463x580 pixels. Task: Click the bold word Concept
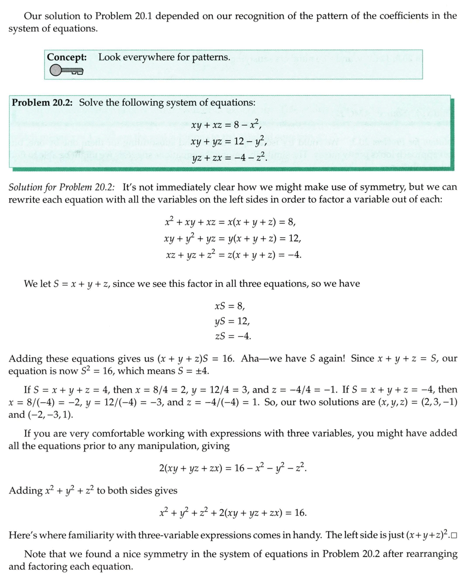(67, 57)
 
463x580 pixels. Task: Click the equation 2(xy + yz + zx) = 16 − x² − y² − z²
(232, 468)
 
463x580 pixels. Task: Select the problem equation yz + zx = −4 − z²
(229, 156)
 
